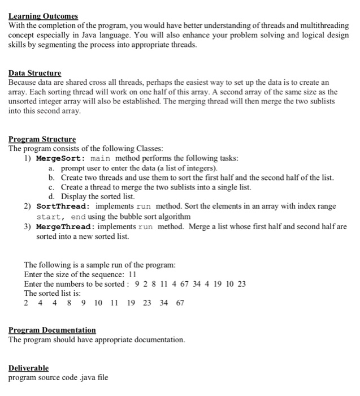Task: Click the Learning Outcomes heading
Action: (43, 16)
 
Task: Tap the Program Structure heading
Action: (42, 139)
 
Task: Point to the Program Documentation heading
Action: (52, 330)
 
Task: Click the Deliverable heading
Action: (28, 368)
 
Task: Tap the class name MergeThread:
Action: (64, 226)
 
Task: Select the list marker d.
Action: (51, 197)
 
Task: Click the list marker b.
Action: (51, 178)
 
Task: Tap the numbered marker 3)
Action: (27, 226)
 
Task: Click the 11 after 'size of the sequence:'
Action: (134, 274)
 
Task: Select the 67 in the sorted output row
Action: (180, 303)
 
